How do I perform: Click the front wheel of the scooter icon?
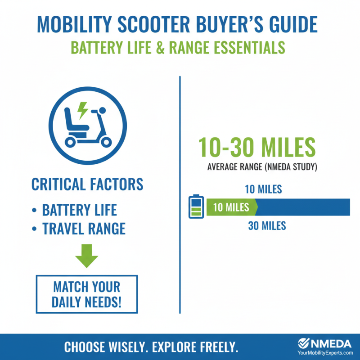105,142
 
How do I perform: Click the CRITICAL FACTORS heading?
87,184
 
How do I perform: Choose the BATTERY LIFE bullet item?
79,210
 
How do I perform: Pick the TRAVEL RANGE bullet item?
84,229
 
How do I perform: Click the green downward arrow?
86,256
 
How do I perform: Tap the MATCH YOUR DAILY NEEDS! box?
87,294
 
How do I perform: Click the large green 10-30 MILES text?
257,147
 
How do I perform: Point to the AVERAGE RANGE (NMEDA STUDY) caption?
263,167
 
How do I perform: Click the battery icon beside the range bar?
195,207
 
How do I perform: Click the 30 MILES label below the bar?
267,225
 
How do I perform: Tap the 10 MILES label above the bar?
263,189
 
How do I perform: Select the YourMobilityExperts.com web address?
325,354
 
